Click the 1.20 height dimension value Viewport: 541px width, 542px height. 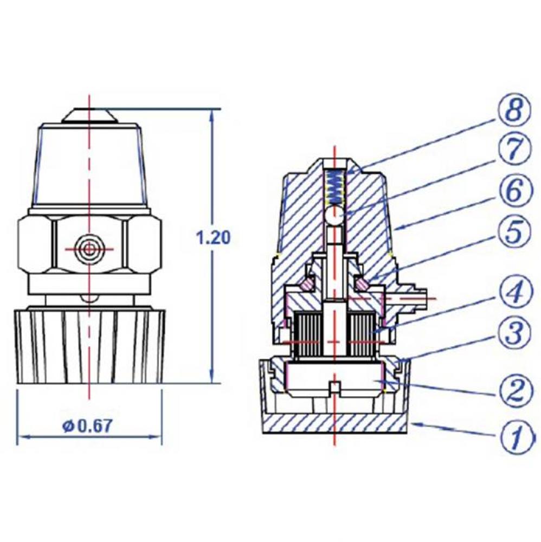click(x=214, y=237)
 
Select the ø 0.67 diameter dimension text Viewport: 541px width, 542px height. click(x=87, y=426)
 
